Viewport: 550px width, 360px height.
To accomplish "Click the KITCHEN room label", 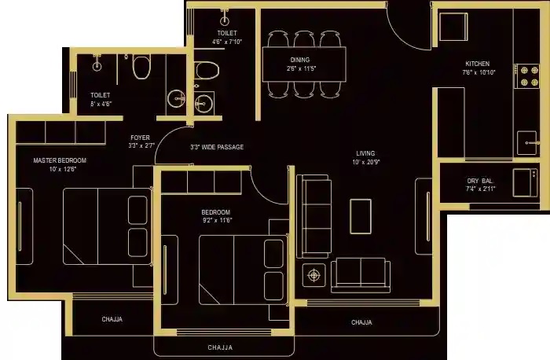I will pyautogui.click(x=477, y=64).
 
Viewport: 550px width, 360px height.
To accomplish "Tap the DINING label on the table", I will pyautogui.click(x=299, y=60).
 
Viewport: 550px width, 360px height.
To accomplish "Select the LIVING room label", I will pyautogui.click(x=365, y=153).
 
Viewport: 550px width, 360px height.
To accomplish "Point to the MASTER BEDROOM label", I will pyautogui.click(x=60, y=160).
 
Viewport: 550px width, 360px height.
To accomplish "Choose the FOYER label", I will pyautogui.click(x=140, y=138).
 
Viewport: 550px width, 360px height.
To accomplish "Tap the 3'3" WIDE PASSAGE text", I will pyautogui.click(x=217, y=147).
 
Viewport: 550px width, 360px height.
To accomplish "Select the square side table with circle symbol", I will pyautogui.click(x=315, y=274).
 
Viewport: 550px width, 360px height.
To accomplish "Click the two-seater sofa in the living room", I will pyautogui.click(x=359, y=274).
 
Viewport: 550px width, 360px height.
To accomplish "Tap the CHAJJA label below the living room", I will pyautogui.click(x=361, y=322).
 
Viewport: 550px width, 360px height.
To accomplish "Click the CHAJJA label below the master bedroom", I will pyautogui.click(x=111, y=319).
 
